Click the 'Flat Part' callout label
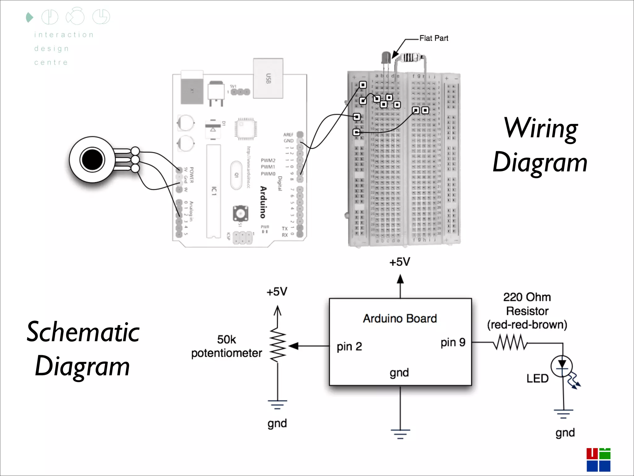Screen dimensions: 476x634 (x=433, y=38)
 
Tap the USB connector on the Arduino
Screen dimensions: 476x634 (x=268, y=78)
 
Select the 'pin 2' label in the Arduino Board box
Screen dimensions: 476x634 (x=349, y=346)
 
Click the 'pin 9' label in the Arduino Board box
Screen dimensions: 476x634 (x=453, y=342)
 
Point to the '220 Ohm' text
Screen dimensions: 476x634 (x=527, y=297)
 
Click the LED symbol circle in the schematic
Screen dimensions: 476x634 (x=562, y=367)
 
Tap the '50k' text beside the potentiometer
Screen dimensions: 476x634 (x=226, y=340)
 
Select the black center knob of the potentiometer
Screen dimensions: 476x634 (x=92, y=160)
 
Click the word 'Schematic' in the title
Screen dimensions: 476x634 (x=83, y=332)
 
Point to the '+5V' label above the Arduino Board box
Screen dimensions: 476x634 (x=400, y=262)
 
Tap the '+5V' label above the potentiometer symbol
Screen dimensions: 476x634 (x=277, y=292)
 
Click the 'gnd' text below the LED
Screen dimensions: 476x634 (x=565, y=433)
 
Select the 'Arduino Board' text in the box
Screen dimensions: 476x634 (x=400, y=319)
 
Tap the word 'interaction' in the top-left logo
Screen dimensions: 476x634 (x=64, y=35)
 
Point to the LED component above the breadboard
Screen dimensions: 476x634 (x=386, y=58)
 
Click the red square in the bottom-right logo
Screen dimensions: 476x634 (x=592, y=453)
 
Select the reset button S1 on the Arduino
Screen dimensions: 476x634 (x=240, y=213)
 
